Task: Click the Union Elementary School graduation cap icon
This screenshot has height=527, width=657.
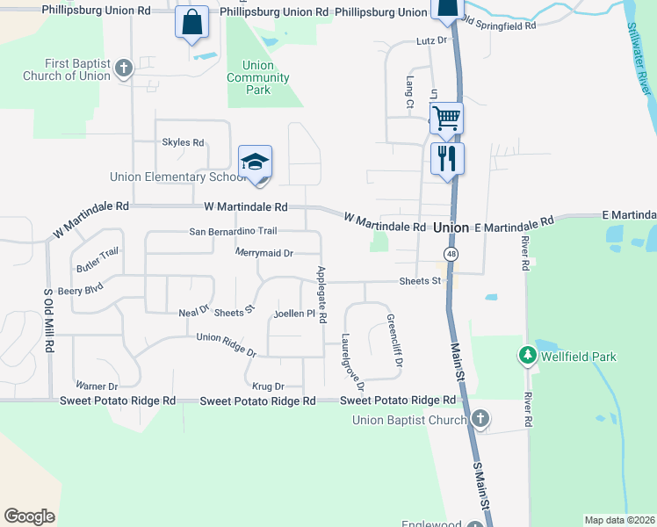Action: pyautogui.click(x=255, y=162)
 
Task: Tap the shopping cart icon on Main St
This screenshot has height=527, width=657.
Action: pyautogui.click(x=446, y=117)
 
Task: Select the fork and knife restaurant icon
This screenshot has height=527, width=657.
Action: pyautogui.click(x=447, y=158)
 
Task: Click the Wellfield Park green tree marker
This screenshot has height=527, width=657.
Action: pyautogui.click(x=527, y=356)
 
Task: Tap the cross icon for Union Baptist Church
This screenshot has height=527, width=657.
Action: pyautogui.click(x=480, y=419)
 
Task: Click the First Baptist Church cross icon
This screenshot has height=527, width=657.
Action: pyautogui.click(x=124, y=68)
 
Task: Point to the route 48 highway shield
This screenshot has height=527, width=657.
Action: pyautogui.click(x=451, y=254)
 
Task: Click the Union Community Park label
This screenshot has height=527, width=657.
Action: pyautogui.click(x=258, y=77)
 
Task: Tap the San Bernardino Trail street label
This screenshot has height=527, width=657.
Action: pyautogui.click(x=234, y=231)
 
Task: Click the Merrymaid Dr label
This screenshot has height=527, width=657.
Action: pyautogui.click(x=264, y=253)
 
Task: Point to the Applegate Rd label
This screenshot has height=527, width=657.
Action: pyautogui.click(x=322, y=292)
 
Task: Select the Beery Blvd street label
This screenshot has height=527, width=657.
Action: pyautogui.click(x=81, y=287)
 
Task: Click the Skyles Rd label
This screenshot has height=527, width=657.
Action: pyautogui.click(x=183, y=142)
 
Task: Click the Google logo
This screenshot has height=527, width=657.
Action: pyautogui.click(x=29, y=516)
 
